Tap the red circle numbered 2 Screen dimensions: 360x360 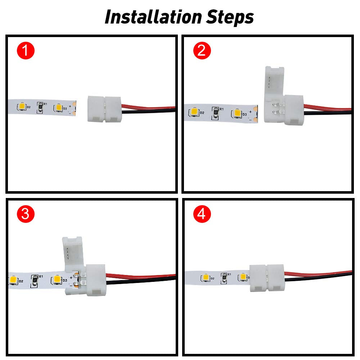click(x=202, y=51)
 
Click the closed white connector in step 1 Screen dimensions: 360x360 click(x=105, y=108)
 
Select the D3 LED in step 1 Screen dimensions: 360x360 click(x=58, y=108)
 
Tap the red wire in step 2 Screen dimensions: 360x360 click(x=328, y=108)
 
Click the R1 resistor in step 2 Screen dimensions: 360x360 click(x=215, y=112)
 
